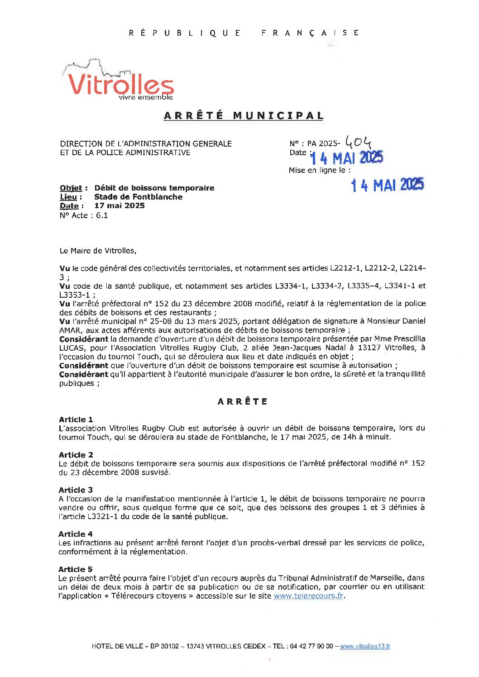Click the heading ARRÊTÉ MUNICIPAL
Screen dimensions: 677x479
(x=244, y=115)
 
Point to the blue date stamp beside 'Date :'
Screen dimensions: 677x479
(x=347, y=158)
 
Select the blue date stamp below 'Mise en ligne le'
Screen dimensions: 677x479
(x=387, y=185)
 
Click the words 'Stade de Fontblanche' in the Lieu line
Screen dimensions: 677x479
(x=138, y=197)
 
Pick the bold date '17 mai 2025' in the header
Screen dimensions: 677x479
(x=120, y=205)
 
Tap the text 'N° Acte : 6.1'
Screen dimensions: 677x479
(x=84, y=215)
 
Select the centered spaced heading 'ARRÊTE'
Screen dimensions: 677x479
(x=243, y=401)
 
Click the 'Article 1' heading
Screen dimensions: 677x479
(x=76, y=420)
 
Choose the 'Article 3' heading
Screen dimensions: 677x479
(x=76, y=490)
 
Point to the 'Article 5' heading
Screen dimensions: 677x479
(x=76, y=569)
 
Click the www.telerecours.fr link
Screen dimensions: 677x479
(x=308, y=596)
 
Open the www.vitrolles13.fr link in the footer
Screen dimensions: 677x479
(x=365, y=646)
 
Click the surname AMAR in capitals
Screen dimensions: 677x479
(x=70, y=330)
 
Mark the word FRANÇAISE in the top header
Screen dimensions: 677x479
(x=311, y=33)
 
